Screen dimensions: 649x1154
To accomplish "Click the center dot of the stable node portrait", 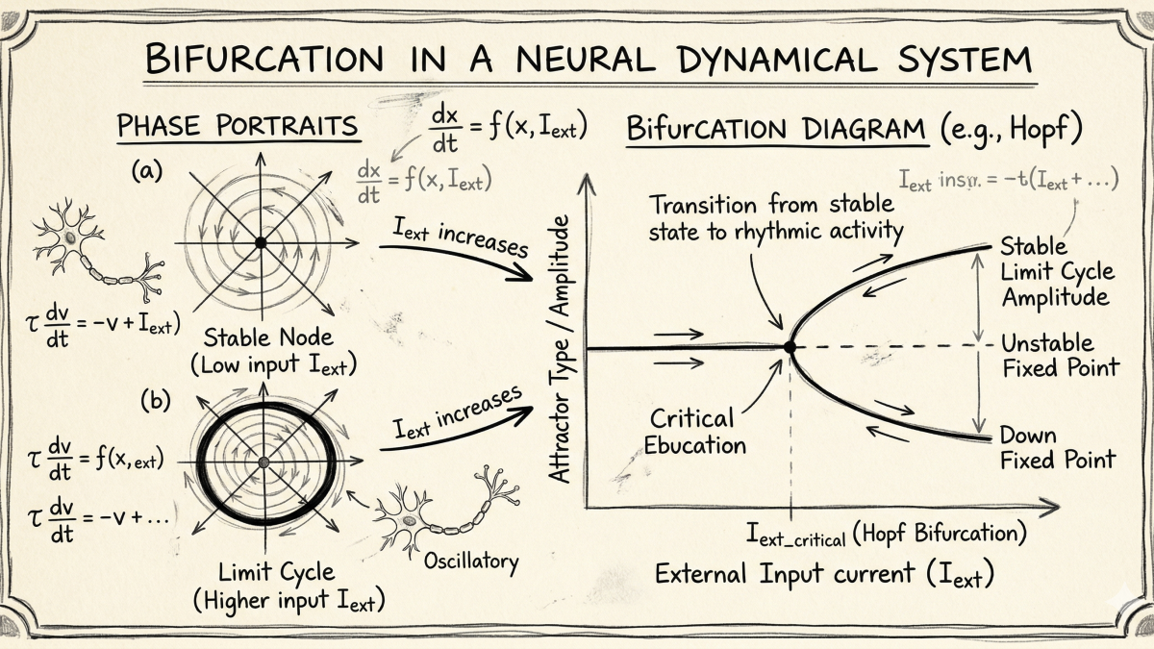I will tap(260, 243).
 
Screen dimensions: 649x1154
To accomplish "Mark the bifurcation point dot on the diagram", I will tap(790, 347).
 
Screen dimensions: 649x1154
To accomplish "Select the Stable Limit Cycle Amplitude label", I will tap(1055, 270).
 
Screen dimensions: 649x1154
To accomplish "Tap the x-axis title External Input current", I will tap(823, 574).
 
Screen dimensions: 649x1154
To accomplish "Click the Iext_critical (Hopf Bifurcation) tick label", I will tap(886, 532).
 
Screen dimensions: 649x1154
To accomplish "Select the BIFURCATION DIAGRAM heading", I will tap(777, 130).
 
